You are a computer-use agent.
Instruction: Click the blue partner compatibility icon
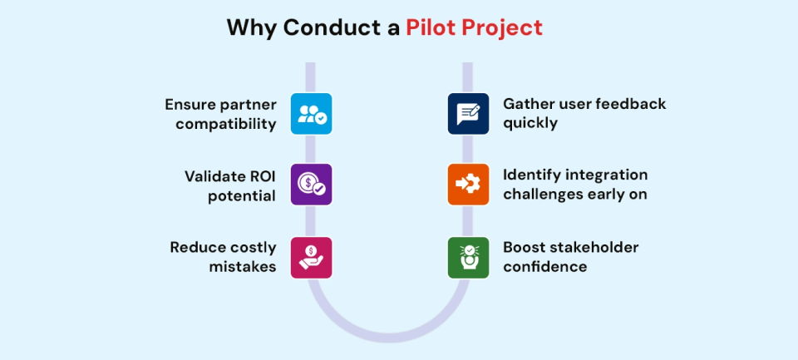pos(311,114)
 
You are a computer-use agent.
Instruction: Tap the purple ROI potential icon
pos(311,184)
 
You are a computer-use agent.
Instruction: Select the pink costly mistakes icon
pos(311,257)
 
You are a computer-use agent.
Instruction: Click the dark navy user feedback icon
pos(468,114)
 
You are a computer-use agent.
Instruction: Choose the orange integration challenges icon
pos(468,184)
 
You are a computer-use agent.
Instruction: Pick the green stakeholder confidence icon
pos(468,257)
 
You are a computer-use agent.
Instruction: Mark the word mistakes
pos(241,267)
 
